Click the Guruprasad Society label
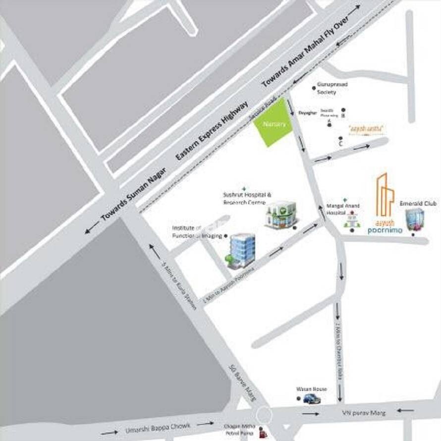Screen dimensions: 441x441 [x=333, y=88]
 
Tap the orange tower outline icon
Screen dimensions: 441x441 [x=385, y=196]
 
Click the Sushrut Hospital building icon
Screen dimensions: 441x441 [x=280, y=215]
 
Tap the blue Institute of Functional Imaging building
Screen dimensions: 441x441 [x=241, y=250]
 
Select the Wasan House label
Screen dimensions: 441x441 [x=311, y=389]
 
